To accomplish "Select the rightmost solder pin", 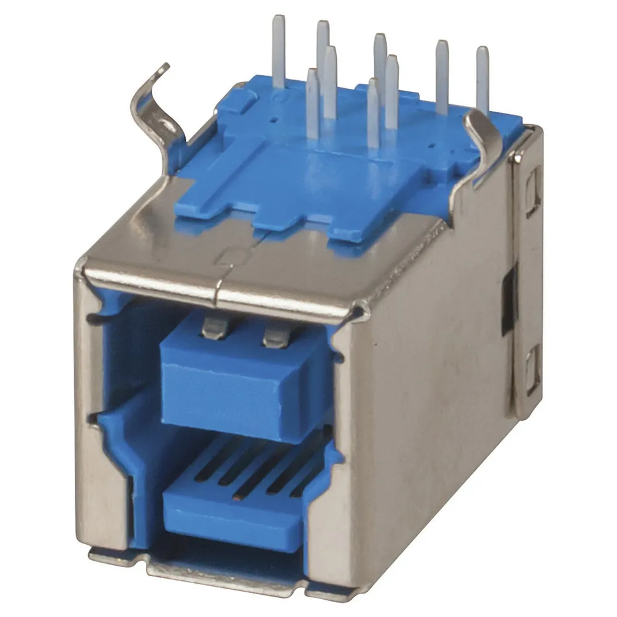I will pos(482,80).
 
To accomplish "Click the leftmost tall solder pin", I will pos(279,52).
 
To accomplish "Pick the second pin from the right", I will pos(442,77).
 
